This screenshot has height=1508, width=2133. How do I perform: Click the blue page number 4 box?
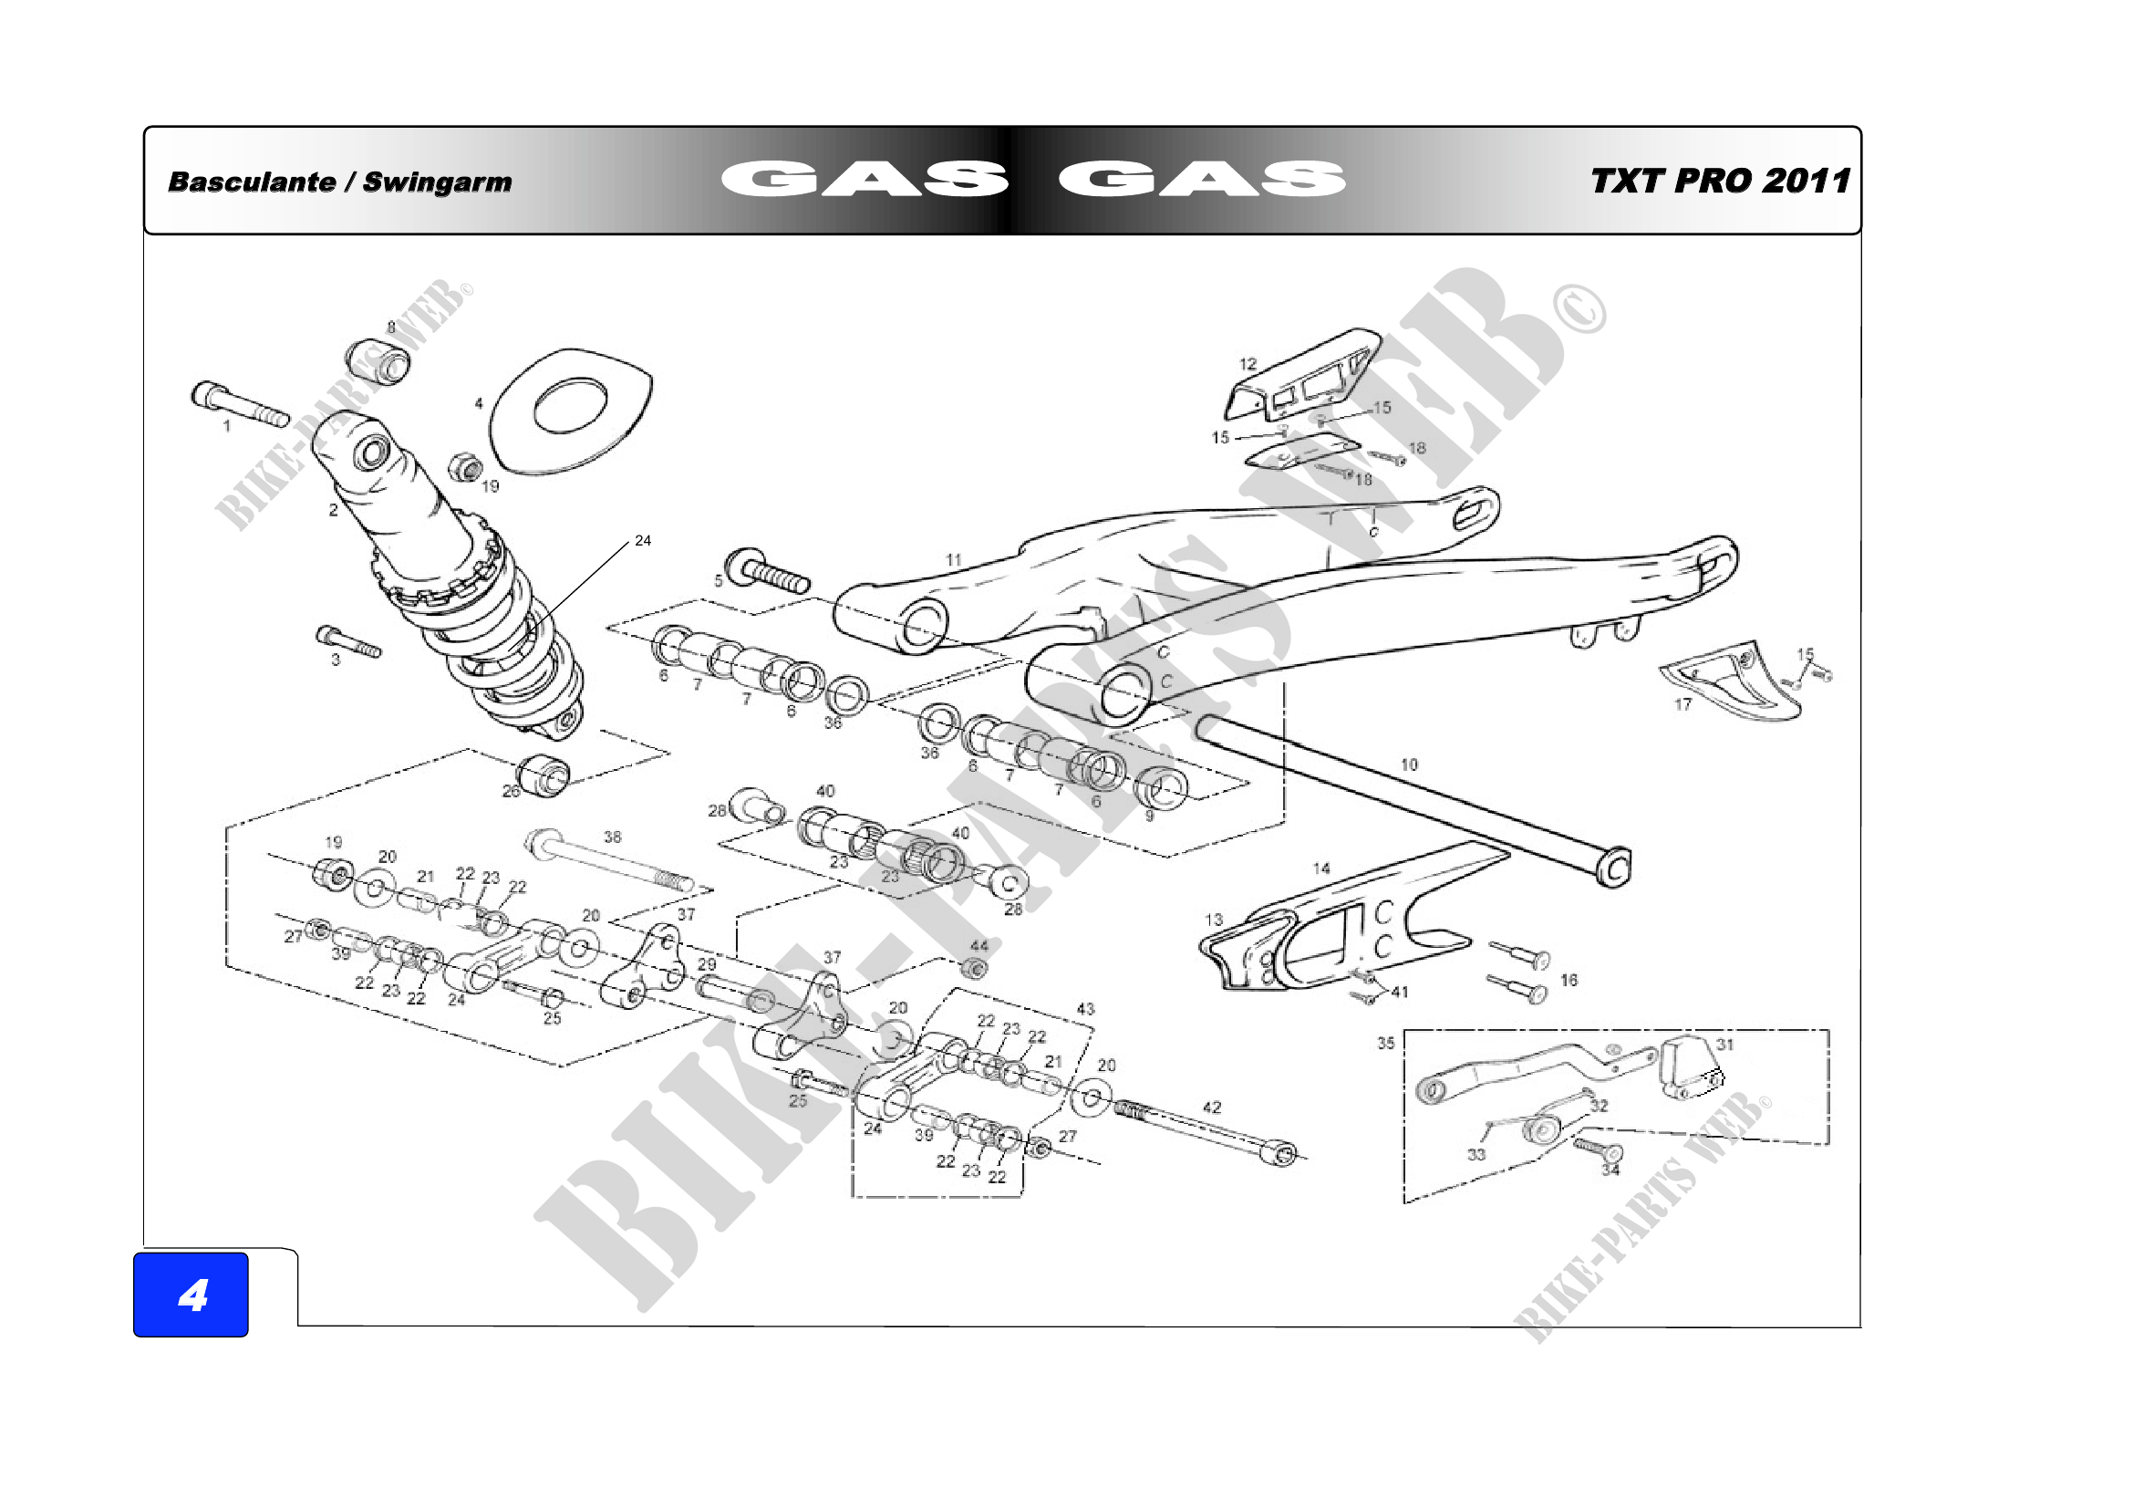pyautogui.click(x=191, y=1295)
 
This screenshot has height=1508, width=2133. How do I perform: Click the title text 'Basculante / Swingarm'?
pyautogui.click(x=339, y=182)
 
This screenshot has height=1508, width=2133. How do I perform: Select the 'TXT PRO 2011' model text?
pyautogui.click(x=1720, y=182)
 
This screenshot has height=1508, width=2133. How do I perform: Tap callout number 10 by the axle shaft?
pyautogui.click(x=1409, y=764)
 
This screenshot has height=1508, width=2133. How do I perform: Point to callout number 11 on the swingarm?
pyautogui.click(x=953, y=560)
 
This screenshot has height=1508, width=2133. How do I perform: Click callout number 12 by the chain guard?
pyautogui.click(x=1248, y=364)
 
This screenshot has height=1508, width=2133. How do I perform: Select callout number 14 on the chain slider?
pyautogui.click(x=1321, y=868)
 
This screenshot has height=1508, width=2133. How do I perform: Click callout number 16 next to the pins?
pyautogui.click(x=1569, y=981)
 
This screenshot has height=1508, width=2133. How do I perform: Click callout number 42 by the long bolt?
pyautogui.click(x=1212, y=1108)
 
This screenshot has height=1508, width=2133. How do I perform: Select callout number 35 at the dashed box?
pyautogui.click(x=1386, y=1044)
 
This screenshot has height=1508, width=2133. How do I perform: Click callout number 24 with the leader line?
pyautogui.click(x=643, y=541)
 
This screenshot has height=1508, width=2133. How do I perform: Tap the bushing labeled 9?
pyautogui.click(x=1161, y=788)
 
